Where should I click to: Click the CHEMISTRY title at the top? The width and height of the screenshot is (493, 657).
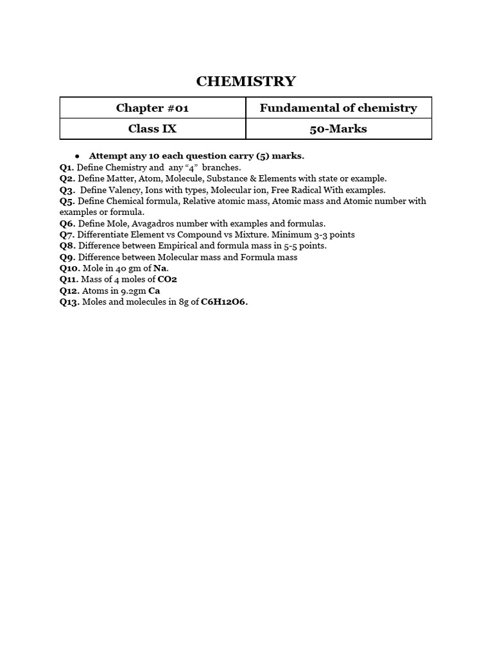click(246, 81)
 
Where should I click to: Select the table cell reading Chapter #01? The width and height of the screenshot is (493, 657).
click(152, 108)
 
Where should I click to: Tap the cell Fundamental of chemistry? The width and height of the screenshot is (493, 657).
click(338, 108)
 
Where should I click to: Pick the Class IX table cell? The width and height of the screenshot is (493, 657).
click(152, 128)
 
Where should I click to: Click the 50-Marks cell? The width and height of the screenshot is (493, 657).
click(338, 128)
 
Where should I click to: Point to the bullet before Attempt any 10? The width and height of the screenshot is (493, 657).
click(76, 156)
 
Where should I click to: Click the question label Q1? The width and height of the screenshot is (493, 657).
click(67, 167)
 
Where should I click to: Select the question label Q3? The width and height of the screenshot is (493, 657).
click(67, 190)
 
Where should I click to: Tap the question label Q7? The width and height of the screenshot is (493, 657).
click(67, 235)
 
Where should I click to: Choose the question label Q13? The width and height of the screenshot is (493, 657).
click(69, 302)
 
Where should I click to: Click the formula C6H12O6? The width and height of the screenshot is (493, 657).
click(224, 302)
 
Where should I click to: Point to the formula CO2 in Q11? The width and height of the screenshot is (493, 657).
click(167, 280)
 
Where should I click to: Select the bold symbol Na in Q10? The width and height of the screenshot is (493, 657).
click(160, 268)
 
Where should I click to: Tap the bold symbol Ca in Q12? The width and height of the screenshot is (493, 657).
click(154, 291)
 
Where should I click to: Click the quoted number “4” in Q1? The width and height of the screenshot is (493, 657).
click(191, 167)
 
